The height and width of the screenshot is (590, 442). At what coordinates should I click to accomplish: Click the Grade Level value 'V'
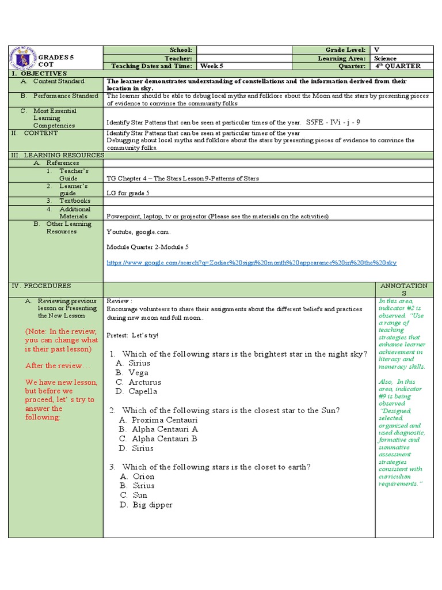(x=376, y=50)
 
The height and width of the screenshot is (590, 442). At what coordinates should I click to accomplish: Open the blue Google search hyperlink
(x=252, y=263)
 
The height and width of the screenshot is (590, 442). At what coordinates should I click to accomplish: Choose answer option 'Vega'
(x=138, y=373)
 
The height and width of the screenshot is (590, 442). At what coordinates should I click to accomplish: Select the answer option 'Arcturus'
(x=144, y=382)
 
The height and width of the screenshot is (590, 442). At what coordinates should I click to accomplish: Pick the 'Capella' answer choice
(x=143, y=391)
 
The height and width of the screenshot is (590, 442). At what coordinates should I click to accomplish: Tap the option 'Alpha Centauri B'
(x=165, y=438)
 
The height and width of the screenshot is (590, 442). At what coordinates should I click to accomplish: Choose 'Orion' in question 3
(x=143, y=476)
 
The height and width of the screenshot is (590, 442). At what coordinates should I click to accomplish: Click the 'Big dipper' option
(x=152, y=505)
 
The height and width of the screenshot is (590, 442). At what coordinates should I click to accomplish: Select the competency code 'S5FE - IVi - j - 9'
(x=333, y=122)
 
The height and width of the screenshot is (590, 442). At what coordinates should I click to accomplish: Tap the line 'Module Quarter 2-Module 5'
(x=147, y=247)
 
